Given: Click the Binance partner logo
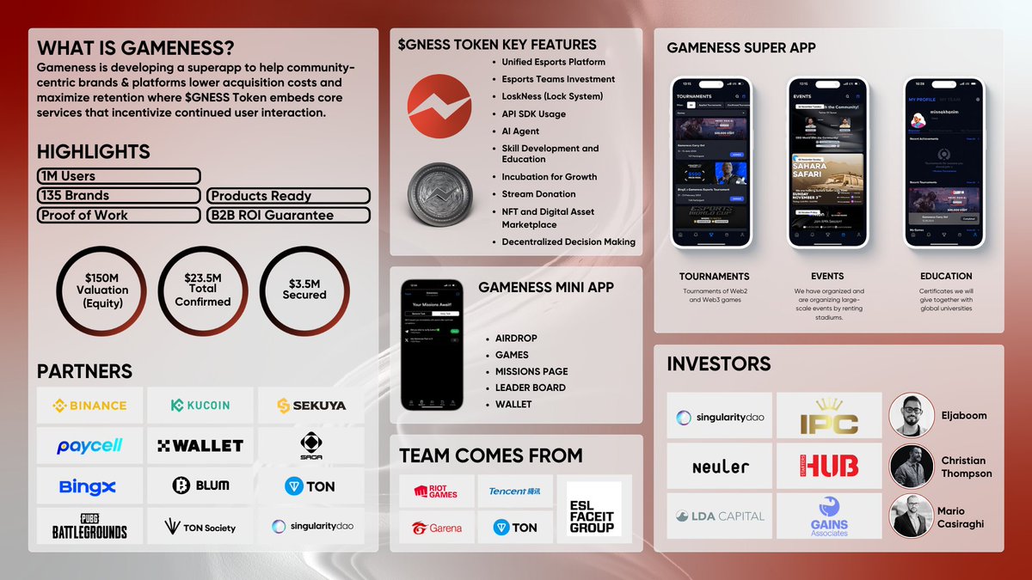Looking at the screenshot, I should (89, 406).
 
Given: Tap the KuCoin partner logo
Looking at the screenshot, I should (200, 406).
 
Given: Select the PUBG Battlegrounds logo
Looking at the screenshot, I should (89, 526).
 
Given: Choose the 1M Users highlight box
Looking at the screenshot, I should (119, 176).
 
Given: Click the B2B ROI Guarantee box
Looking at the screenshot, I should (288, 215).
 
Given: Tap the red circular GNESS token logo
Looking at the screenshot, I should (439, 104).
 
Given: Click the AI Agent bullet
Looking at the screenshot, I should (521, 131).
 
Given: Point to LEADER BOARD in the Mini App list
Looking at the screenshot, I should (530, 388).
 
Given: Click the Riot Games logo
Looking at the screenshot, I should (436, 491).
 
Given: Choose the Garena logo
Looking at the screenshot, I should (436, 528).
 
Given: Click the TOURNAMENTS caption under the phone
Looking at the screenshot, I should (714, 277).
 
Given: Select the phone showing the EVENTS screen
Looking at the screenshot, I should (826, 162).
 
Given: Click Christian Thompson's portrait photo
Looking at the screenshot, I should (911, 467).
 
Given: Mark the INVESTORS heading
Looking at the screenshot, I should (719, 364).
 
